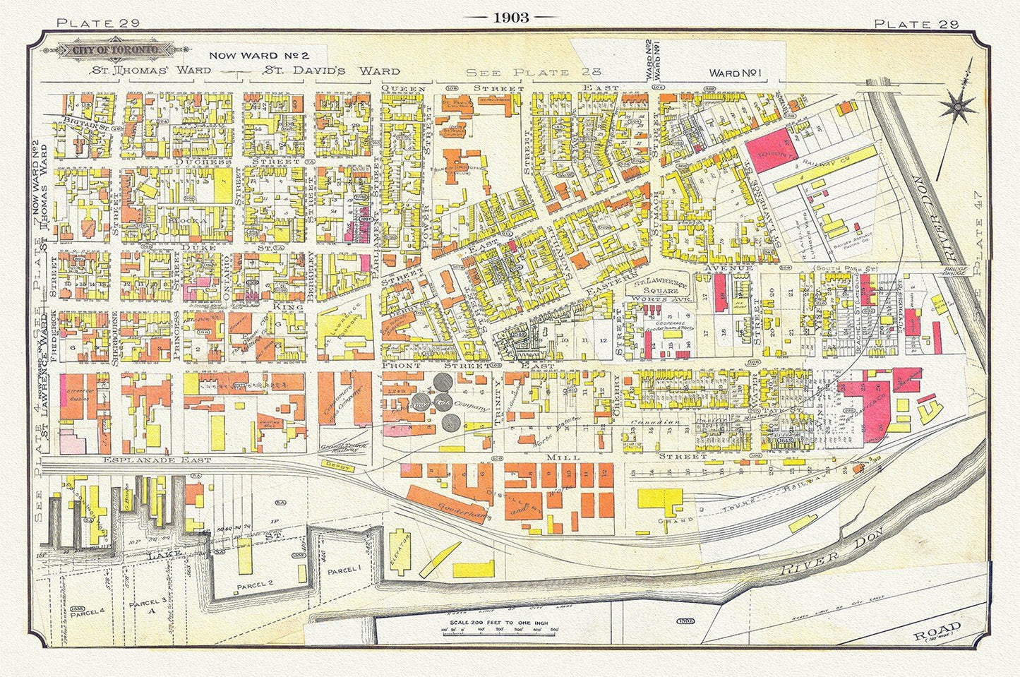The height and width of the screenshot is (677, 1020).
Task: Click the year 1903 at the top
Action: [510, 18]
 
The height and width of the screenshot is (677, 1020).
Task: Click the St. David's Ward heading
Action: [331, 71]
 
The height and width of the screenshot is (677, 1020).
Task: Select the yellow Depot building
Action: [337, 465]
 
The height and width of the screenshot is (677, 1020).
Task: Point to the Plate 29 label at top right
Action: [916, 23]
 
